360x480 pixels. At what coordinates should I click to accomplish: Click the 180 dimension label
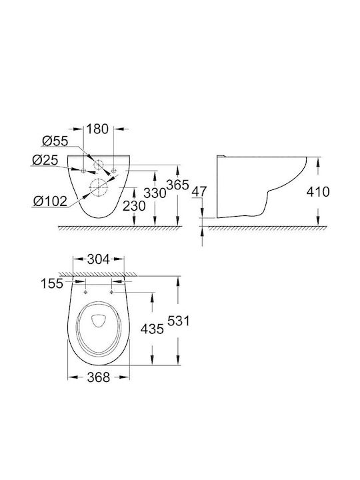(x=97, y=129)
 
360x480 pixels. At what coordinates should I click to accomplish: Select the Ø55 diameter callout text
(x=55, y=141)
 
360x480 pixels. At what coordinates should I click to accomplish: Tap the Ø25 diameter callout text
(x=45, y=160)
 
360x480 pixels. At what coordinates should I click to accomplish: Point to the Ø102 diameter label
(x=50, y=201)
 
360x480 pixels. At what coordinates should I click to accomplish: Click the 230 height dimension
(x=134, y=206)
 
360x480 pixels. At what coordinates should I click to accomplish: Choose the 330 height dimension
(x=155, y=193)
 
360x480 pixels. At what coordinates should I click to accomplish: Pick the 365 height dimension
(x=177, y=185)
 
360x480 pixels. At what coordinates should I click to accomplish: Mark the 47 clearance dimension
(x=199, y=191)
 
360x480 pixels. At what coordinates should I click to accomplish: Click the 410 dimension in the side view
(x=318, y=192)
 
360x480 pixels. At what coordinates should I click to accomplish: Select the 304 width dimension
(x=98, y=259)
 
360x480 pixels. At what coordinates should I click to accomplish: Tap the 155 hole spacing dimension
(x=52, y=284)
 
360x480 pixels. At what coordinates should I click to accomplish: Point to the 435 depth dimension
(x=152, y=329)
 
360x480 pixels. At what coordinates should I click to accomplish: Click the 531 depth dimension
(x=179, y=321)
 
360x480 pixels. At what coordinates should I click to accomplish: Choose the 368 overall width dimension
(x=99, y=377)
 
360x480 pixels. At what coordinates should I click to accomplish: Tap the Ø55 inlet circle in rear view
(x=99, y=165)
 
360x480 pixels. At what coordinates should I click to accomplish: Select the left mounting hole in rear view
(x=83, y=171)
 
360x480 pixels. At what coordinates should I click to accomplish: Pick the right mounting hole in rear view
(x=114, y=171)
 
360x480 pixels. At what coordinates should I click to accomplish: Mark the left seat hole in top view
(x=85, y=293)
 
